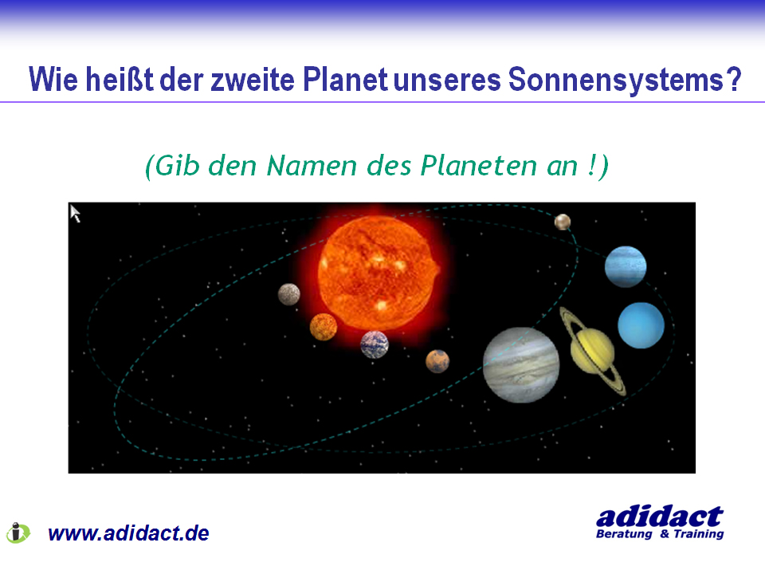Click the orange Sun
tap(378, 273)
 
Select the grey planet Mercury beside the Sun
tap(288, 294)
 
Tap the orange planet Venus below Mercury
tap(324, 327)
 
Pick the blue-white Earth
tap(375, 344)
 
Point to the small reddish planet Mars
tap(437, 361)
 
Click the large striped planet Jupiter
tap(521, 365)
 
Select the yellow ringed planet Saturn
tap(592, 352)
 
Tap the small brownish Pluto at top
tap(563, 222)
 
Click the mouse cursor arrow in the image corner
tap(75, 214)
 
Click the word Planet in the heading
tap(345, 79)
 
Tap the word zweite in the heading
tap(253, 80)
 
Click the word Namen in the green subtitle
tap(312, 166)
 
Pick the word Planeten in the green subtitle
tap(479, 166)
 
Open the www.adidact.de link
tap(128, 533)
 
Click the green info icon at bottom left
tap(18, 533)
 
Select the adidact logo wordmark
tap(660, 517)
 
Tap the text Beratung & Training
tap(660, 534)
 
